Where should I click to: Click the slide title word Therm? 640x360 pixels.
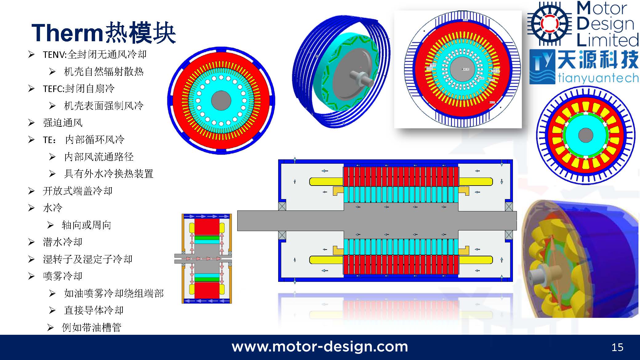[67, 33]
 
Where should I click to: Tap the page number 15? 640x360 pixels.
[617, 347]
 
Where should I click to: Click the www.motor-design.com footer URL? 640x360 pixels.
[320, 347]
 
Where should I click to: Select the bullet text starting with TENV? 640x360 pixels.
[94, 54]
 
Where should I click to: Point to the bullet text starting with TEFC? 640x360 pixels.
[79, 89]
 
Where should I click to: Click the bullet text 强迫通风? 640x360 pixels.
[63, 123]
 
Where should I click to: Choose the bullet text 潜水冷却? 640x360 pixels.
[63, 242]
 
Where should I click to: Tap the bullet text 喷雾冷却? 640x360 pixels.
[63, 276]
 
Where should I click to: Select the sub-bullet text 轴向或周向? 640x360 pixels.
[86, 225]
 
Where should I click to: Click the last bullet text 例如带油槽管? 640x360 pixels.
[92, 327]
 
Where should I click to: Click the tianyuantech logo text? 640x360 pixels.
[598, 78]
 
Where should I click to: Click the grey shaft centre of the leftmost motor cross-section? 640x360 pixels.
[221, 100]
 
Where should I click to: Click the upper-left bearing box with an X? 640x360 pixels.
[282, 206]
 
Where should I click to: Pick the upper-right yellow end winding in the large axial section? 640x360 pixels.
[476, 182]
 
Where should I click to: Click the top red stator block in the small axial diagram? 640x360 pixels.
[207, 227]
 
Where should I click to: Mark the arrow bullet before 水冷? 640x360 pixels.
[31, 208]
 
